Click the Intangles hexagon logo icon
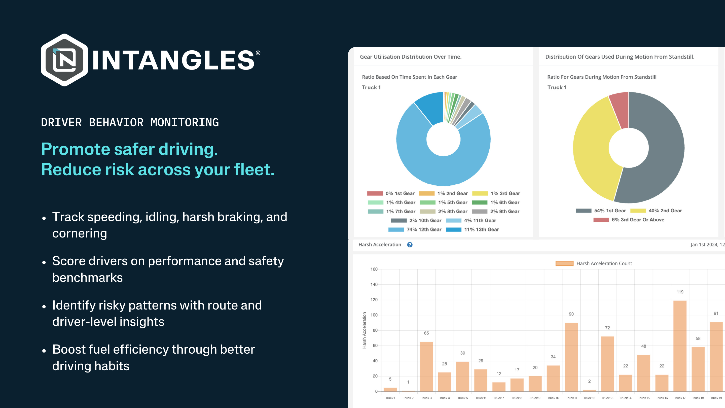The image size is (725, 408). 64,60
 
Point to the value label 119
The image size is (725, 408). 680,292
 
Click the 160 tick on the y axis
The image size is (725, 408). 374,269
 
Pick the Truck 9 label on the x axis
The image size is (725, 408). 535,398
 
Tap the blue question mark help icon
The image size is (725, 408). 410,245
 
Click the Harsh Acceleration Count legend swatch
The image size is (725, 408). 564,263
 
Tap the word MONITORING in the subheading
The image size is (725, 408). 185,122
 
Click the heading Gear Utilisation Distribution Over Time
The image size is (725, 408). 411,57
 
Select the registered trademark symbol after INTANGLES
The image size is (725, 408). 258,53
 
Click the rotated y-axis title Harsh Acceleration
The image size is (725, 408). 364,330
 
